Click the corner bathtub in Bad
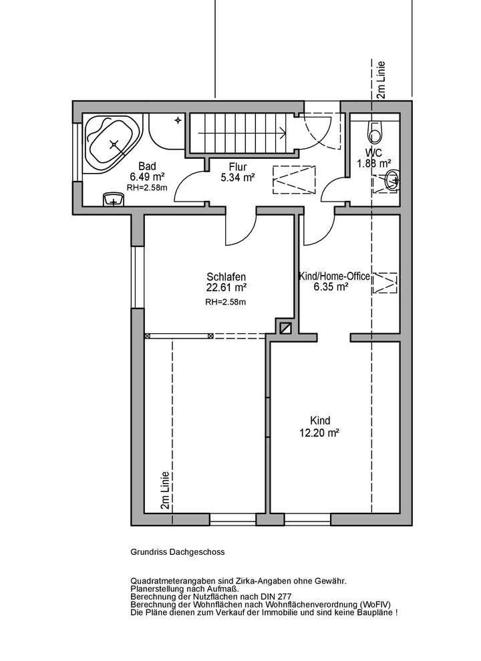point(112,144)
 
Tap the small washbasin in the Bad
point(114,200)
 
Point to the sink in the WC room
point(392,180)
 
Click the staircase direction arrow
point(243,133)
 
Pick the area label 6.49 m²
point(147,177)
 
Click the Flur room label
point(238,167)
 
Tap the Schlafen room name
point(226,277)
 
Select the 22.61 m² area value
point(226,288)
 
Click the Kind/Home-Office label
point(334,276)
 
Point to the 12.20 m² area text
point(320,433)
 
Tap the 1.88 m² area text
point(374,163)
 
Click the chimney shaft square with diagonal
point(286,328)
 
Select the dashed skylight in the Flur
point(294,180)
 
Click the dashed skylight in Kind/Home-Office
point(385,283)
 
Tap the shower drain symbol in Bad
point(178,120)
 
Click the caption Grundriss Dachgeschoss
point(178,552)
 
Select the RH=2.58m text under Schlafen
point(226,302)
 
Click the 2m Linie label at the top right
point(381,80)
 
